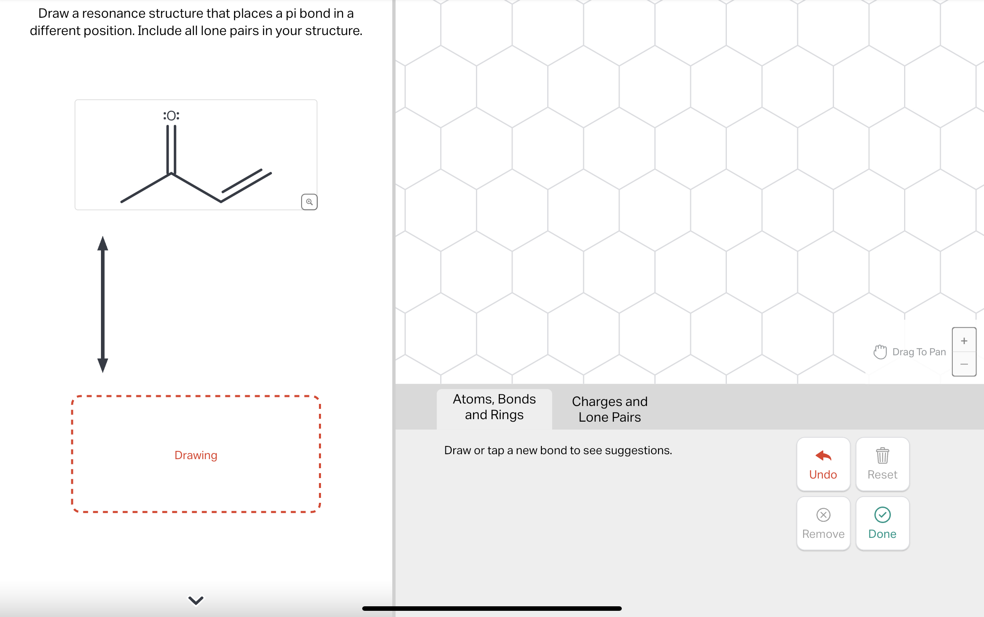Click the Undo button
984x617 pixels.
coord(823,464)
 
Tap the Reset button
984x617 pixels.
coord(882,464)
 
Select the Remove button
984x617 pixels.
coord(823,523)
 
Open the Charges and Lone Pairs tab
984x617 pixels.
coord(609,409)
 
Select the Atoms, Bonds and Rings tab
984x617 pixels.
coord(494,407)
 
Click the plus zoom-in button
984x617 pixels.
coord(964,341)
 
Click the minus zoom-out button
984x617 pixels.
coord(964,364)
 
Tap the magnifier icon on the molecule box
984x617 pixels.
coord(309,202)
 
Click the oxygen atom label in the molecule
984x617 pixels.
coord(171,116)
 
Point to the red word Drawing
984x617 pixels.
coord(196,455)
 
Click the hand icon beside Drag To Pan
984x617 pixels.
coord(880,352)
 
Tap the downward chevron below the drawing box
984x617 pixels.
coord(196,601)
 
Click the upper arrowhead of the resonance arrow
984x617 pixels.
coord(103,244)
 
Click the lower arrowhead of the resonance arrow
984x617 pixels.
coord(103,365)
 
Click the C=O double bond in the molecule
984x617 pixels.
coord(171,149)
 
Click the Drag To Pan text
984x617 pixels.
coord(919,352)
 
